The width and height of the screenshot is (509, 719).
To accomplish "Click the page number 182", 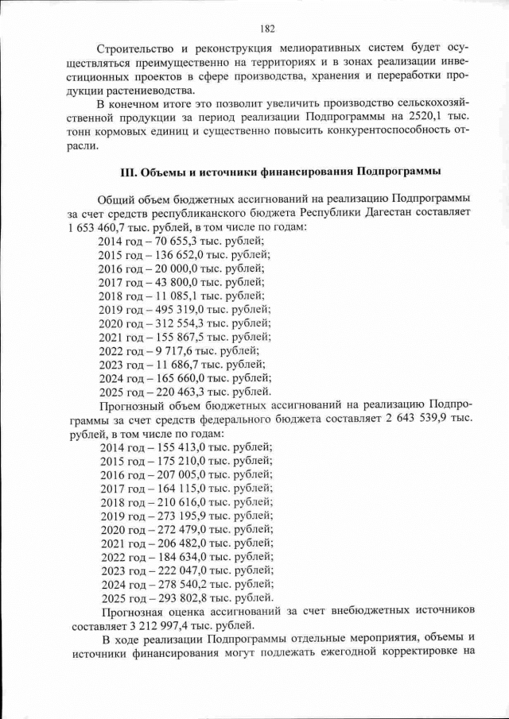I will tap(266, 29).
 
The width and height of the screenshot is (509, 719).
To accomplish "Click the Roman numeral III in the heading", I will tap(126, 172).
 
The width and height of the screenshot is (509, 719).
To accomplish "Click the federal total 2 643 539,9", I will tap(412, 419).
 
